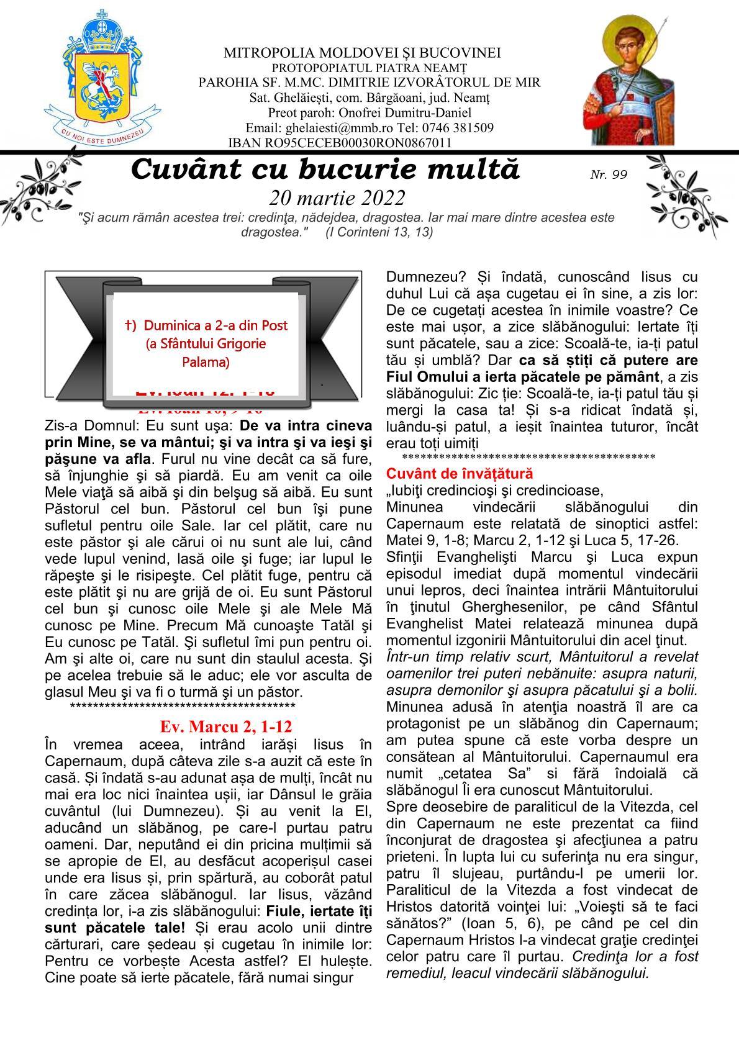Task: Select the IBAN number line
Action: [x=340, y=143]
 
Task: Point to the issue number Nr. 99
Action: [x=608, y=174]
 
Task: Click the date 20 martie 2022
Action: [x=337, y=197]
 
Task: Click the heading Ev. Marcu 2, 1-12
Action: [x=225, y=726]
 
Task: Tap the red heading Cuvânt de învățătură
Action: [x=460, y=474]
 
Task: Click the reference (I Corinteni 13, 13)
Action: [x=379, y=232]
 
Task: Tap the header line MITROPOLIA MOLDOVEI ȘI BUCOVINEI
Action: [x=362, y=53]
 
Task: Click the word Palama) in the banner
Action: [x=206, y=362]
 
